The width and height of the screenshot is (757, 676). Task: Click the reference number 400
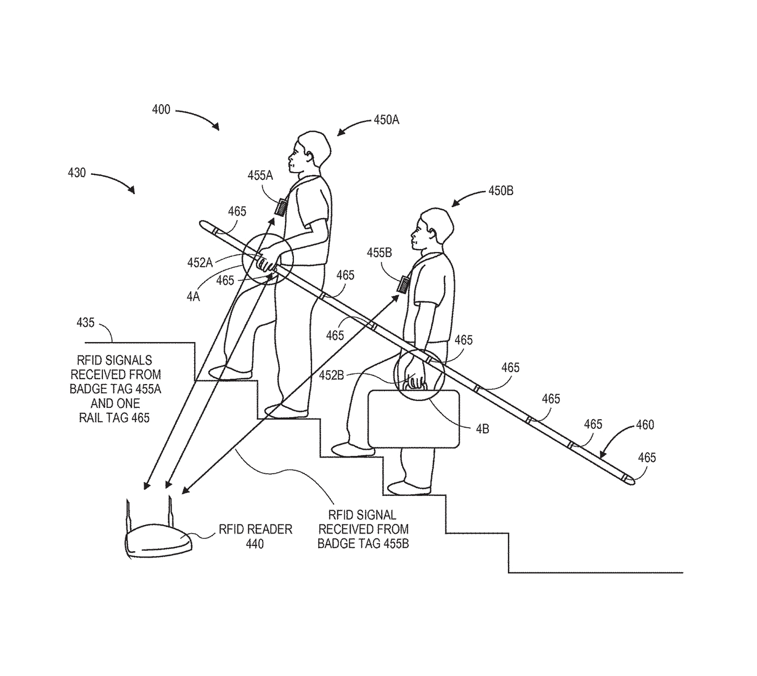(x=161, y=110)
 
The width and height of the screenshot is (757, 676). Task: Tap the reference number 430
(x=77, y=173)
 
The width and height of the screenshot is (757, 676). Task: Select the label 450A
(x=386, y=120)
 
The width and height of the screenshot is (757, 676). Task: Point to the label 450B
(x=500, y=190)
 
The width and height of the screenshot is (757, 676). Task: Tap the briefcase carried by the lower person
(x=414, y=419)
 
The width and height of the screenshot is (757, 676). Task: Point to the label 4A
(x=193, y=296)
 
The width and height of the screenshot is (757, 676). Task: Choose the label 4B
(x=482, y=429)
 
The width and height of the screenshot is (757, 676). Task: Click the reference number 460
(x=644, y=425)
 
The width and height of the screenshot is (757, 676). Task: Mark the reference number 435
(x=85, y=323)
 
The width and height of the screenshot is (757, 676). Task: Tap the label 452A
(x=199, y=263)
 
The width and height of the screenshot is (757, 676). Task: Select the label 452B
(x=331, y=375)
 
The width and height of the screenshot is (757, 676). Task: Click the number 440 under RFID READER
(x=254, y=544)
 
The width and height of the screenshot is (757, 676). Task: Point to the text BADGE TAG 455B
(x=363, y=543)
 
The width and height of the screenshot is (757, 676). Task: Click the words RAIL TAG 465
(x=114, y=418)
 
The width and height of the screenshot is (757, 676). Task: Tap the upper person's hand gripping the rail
(x=266, y=263)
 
